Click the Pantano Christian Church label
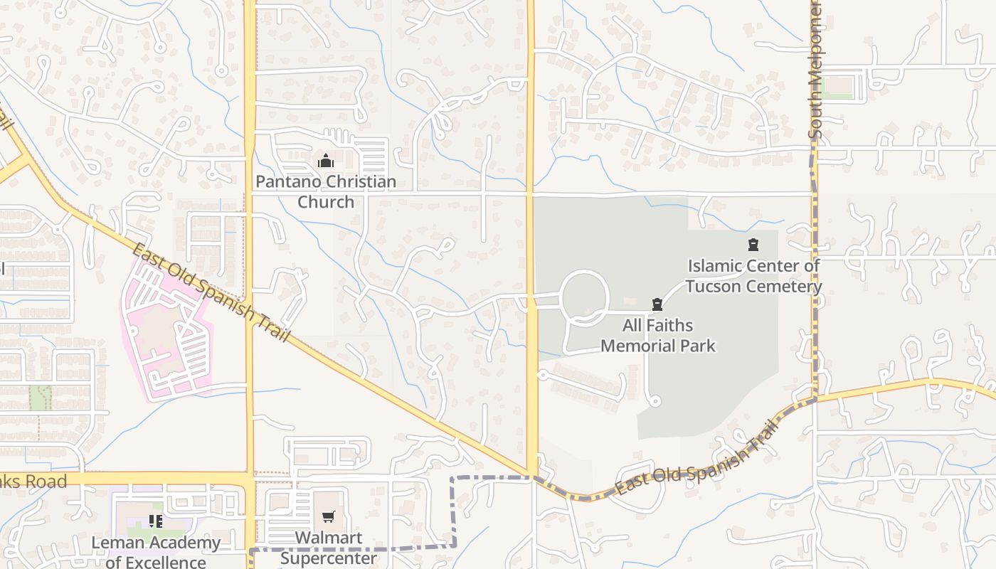click(326, 191)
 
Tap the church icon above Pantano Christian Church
click(326, 161)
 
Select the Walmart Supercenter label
click(329, 548)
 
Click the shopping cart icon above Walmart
click(328, 517)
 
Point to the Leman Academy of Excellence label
click(156, 553)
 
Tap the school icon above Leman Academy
click(156, 521)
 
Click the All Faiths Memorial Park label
click(658, 336)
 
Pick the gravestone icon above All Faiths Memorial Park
click(657, 304)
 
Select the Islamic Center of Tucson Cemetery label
click(753, 276)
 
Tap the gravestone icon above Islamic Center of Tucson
click(753, 245)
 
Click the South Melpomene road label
click(815, 71)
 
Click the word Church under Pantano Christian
click(326, 202)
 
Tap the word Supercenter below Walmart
click(329, 558)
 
